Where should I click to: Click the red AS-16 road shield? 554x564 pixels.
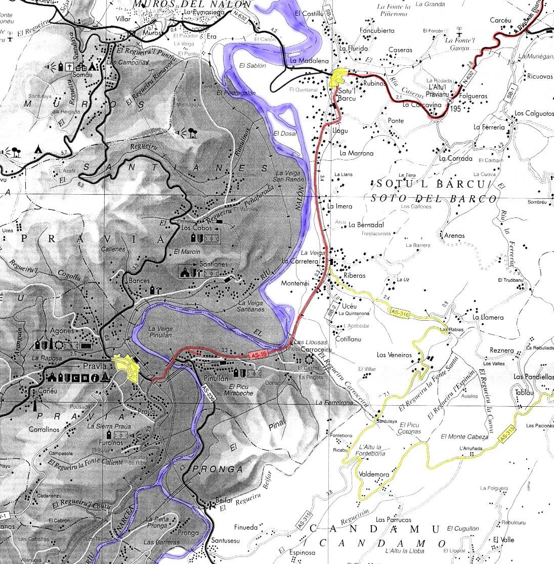pyautogui.click(x=258, y=356)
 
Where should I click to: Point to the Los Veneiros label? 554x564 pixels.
pyautogui.click(x=395, y=355)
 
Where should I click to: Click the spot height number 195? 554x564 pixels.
pyautogui.click(x=455, y=109)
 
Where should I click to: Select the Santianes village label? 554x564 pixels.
pyautogui.click(x=212, y=264)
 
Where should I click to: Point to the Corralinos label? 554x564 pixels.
pyautogui.click(x=44, y=429)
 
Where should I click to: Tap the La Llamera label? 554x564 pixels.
pyautogui.click(x=488, y=318)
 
